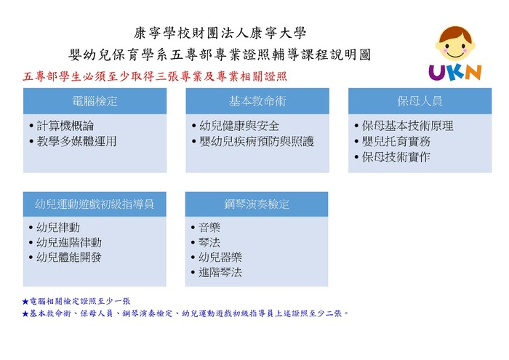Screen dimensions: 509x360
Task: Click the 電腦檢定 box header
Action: point(95,101)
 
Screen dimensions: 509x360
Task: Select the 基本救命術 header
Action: point(257,101)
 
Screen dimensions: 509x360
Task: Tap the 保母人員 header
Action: point(420,101)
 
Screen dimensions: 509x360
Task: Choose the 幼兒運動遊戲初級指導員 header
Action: point(95,204)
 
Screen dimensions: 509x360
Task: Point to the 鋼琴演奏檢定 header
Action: point(257,204)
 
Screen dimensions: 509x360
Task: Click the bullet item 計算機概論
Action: point(65,126)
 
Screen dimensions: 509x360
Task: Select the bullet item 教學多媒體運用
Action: point(76,141)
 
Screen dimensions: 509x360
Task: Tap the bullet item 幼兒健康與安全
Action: point(239,126)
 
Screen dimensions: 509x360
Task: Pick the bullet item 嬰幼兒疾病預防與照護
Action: point(257,141)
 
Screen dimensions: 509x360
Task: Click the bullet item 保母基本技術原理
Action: point(408,126)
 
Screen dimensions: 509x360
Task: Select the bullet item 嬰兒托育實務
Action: point(396,141)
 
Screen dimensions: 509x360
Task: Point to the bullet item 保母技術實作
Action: point(396,157)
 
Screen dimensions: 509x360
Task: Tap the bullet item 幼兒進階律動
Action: point(69,242)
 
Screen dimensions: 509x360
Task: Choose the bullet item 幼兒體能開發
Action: point(69,257)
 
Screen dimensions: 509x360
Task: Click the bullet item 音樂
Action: point(209,227)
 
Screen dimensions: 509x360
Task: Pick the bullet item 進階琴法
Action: point(220,272)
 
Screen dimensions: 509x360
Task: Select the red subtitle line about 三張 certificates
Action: point(155,76)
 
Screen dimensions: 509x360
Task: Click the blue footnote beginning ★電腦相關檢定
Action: point(76,301)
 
